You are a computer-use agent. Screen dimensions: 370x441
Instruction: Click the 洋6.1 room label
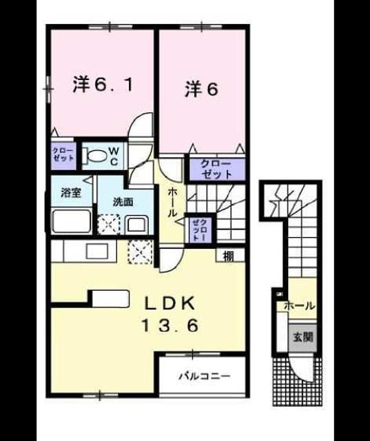[x=103, y=83]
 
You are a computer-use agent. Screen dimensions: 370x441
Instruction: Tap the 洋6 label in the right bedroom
[x=201, y=90]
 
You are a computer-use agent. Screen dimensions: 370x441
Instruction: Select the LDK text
[x=169, y=303]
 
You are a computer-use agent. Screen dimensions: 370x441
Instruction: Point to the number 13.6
[x=169, y=325]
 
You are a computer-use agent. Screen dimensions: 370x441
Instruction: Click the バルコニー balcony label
[x=205, y=376]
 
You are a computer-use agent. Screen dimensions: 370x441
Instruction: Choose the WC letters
[x=114, y=156]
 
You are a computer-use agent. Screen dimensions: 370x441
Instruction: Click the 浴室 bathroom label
[x=71, y=193]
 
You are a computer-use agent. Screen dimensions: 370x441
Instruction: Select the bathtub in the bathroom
[x=71, y=220]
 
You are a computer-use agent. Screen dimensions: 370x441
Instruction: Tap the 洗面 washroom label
[x=123, y=202]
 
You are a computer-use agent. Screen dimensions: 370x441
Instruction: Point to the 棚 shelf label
[x=229, y=256]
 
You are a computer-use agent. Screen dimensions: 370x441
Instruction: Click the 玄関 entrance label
[x=302, y=337]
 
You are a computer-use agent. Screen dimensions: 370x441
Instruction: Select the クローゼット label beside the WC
[x=63, y=154]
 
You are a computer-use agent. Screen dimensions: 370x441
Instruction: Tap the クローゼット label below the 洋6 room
[x=216, y=169]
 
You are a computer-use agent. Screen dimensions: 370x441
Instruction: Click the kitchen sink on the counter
[x=97, y=251]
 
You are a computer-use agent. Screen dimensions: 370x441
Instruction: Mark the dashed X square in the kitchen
[x=140, y=252]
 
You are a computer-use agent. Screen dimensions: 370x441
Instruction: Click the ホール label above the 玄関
[x=299, y=306]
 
